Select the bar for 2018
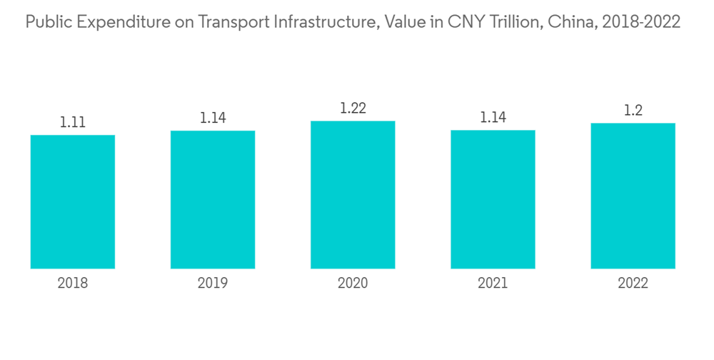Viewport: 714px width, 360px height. [73, 201]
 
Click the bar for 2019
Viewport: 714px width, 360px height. [213, 199]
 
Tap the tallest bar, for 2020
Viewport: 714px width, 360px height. [353, 194]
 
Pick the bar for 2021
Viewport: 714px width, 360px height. [493, 199]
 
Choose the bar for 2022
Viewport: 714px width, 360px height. [633, 196]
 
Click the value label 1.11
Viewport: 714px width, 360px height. [73, 122]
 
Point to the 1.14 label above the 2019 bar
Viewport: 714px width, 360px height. [213, 118]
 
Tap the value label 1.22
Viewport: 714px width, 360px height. [353, 109]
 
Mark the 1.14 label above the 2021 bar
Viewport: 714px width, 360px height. [493, 118]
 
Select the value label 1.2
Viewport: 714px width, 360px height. [633, 111]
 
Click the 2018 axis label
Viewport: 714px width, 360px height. [73, 284]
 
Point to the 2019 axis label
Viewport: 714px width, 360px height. [213, 284]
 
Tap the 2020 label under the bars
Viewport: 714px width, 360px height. [353, 284]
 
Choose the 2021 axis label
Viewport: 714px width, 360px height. [493, 284]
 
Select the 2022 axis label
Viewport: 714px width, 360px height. [633, 284]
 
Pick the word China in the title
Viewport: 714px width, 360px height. [570, 23]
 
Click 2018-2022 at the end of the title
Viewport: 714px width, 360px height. [641, 23]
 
